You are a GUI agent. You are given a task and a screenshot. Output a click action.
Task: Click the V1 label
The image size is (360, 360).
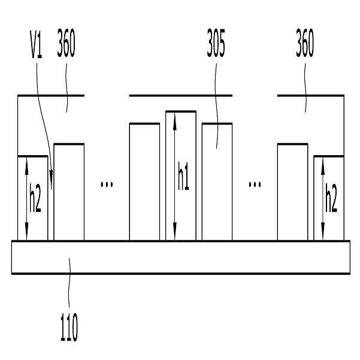coord(37,44)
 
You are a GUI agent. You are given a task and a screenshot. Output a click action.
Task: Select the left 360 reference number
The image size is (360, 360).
coord(66,43)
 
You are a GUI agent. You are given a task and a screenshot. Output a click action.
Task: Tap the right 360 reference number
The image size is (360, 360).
coord(305,43)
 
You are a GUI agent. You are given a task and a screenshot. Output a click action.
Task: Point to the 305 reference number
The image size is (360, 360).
coord(216,43)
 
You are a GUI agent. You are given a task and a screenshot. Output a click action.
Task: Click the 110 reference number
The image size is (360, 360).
coord(69,327)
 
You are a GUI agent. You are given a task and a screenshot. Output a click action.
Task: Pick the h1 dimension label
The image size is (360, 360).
coord(183,176)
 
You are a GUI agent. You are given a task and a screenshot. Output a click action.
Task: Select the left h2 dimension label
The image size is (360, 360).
coord(35,198)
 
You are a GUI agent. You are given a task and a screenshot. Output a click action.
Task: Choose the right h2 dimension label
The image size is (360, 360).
coord(331,198)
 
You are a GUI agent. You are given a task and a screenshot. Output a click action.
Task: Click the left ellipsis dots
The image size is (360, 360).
coord(107,184)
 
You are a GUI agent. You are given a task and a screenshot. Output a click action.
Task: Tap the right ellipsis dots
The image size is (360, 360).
coord(255,184)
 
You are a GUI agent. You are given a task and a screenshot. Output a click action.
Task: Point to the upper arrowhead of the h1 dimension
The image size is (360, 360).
coord(175,121)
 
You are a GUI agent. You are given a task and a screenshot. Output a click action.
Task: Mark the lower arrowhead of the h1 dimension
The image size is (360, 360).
coord(175,231)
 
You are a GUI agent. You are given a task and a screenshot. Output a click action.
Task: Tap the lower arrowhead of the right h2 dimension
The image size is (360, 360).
coord(323,231)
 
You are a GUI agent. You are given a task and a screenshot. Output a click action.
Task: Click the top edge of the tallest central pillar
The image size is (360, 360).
coord(181,111)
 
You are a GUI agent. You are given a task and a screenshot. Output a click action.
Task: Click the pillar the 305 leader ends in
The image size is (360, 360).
coord(217,182)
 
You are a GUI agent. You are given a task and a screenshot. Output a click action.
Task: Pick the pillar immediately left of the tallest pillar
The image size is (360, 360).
coord(144,182)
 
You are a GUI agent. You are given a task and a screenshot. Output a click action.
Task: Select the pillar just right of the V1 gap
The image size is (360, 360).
coord(69,192)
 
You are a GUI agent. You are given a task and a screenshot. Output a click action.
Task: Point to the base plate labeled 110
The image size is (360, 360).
coord(181,257)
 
